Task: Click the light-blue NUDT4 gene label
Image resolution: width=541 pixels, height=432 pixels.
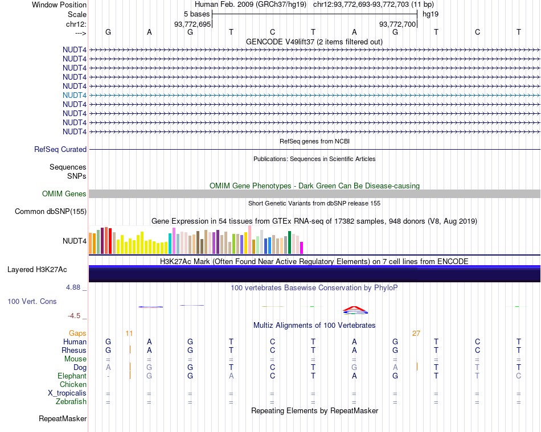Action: pyautogui.click(x=75, y=95)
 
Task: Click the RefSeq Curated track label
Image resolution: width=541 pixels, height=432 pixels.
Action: pyautogui.click(x=60, y=149)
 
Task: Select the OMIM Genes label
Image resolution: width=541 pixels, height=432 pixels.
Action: pyautogui.click(x=64, y=194)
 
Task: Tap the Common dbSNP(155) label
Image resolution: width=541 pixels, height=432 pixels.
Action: pyautogui.click(x=51, y=212)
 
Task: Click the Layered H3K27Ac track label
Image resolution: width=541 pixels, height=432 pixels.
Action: pyautogui.click(x=41, y=269)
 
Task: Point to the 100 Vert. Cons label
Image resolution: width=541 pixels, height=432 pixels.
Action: pyautogui.click(x=32, y=301)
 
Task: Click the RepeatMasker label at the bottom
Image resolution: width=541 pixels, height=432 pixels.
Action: pyautogui.click(x=63, y=419)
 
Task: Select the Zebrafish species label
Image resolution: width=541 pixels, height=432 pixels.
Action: pyautogui.click(x=72, y=402)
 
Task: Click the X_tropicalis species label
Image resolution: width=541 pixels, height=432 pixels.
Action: pyautogui.click(x=67, y=393)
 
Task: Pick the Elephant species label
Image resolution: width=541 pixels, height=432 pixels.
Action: pyautogui.click(x=72, y=376)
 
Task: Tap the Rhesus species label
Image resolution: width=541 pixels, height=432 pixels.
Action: pyautogui.click(x=75, y=351)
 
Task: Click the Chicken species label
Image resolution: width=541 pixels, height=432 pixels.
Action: pyautogui.click(x=73, y=385)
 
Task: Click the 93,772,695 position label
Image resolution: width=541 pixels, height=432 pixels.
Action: pyautogui.click(x=192, y=24)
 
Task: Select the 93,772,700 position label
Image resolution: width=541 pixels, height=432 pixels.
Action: pyautogui.click(x=397, y=24)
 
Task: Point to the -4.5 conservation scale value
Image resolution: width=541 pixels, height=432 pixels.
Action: pyautogui.click(x=75, y=316)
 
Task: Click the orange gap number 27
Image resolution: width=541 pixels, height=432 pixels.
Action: pyautogui.click(x=416, y=334)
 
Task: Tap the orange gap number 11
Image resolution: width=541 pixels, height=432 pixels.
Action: pyautogui.click(x=129, y=333)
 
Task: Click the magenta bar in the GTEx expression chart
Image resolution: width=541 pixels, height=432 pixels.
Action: pyautogui.click(x=302, y=248)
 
